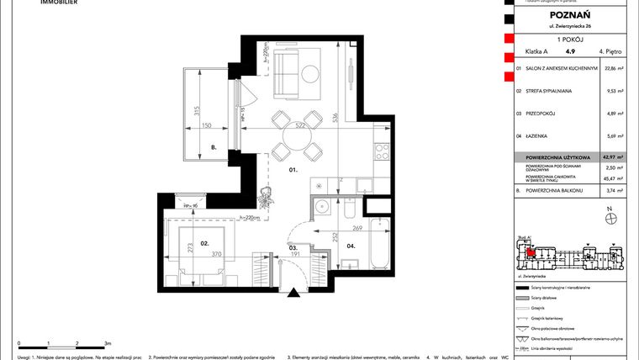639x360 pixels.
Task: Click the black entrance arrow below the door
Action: (x=293, y=293)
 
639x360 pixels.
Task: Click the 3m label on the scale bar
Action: (x=106, y=343)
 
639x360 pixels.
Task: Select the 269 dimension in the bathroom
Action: (x=356, y=227)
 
